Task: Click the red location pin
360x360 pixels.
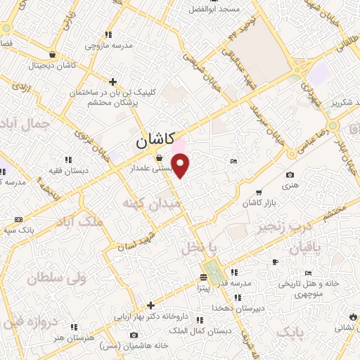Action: coord(181,166)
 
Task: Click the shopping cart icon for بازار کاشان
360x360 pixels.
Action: coord(259,192)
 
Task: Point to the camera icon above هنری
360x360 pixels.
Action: coord(290,175)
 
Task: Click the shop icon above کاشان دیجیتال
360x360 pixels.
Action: coord(52,53)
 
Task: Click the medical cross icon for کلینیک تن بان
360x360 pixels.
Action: coord(113,81)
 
